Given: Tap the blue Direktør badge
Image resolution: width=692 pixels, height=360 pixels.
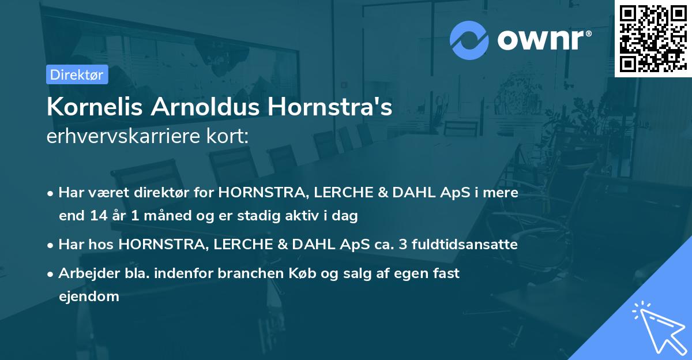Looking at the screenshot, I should point(77,74).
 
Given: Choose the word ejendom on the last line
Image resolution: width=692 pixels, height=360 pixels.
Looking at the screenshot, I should point(89,297).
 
